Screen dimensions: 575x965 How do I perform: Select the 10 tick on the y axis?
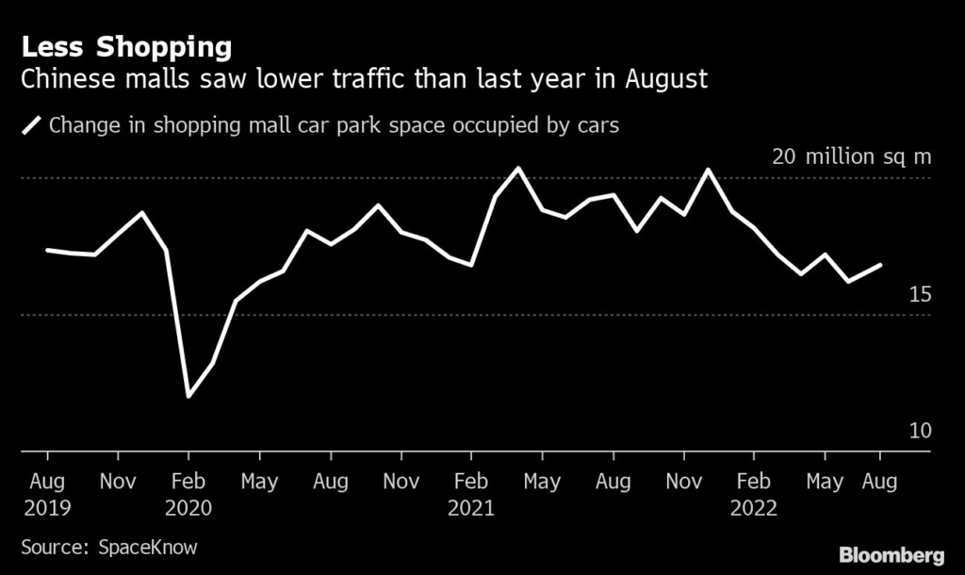click(919, 431)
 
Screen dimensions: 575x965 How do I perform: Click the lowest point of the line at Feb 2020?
click(188, 396)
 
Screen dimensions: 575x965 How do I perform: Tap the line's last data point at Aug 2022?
click(880, 265)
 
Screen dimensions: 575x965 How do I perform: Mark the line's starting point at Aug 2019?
click(47, 250)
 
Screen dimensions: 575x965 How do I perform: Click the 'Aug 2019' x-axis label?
click(47, 494)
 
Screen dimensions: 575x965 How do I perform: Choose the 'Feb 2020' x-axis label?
click(188, 494)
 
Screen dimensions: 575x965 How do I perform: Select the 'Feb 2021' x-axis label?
click(471, 494)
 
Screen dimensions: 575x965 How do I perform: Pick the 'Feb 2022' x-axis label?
click(753, 494)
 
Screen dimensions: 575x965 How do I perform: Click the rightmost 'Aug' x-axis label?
click(880, 481)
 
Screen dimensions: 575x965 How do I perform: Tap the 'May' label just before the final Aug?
click(825, 481)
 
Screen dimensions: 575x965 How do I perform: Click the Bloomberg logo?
click(892, 553)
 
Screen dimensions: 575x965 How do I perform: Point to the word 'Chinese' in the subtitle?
click(72, 78)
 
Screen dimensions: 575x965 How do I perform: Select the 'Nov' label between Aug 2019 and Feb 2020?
click(118, 481)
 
